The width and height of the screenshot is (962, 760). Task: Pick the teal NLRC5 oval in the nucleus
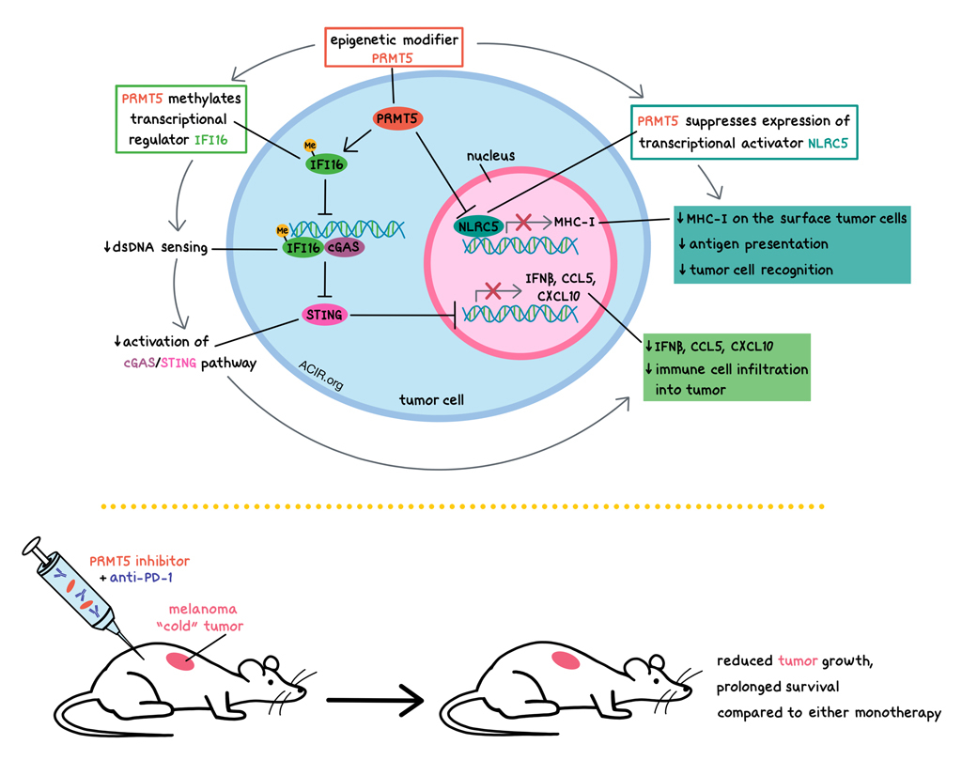(479, 225)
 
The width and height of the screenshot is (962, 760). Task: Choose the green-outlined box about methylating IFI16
(177, 119)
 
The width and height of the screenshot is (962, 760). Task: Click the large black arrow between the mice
(371, 700)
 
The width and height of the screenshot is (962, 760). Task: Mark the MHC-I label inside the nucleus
(574, 222)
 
